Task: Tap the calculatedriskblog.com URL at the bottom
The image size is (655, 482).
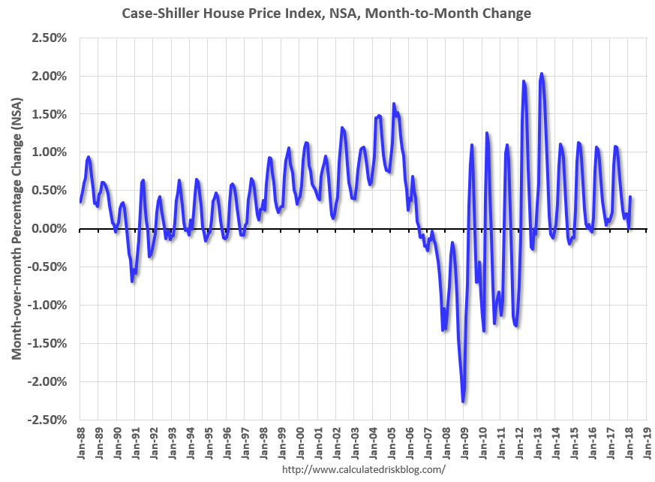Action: [364, 469]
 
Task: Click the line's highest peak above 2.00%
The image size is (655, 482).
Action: [541, 74]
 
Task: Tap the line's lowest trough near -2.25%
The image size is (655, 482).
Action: [464, 402]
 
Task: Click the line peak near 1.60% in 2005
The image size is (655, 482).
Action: [393, 104]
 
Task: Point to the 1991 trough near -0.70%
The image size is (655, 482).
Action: [132, 281]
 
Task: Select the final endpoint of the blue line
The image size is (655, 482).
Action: [631, 197]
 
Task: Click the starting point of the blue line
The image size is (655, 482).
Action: [80, 202]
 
